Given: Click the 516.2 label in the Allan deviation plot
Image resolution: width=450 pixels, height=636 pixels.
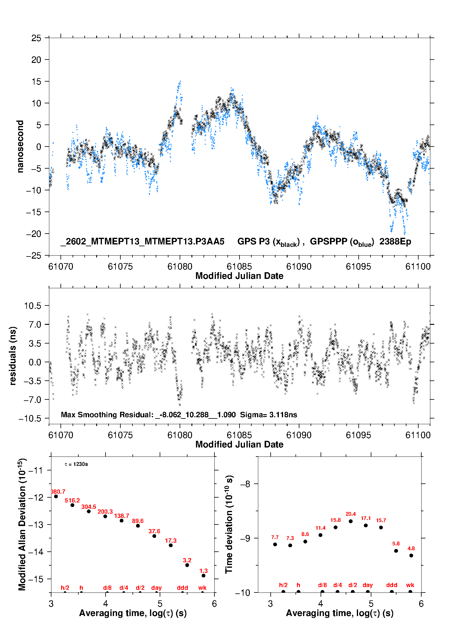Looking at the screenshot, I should (72, 500).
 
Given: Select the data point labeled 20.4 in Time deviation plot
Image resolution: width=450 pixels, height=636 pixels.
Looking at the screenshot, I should (351, 521).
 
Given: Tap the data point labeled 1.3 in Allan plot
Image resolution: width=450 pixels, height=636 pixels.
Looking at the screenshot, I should (204, 576).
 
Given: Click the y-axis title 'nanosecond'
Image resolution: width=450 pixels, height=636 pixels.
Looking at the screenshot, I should (20, 147).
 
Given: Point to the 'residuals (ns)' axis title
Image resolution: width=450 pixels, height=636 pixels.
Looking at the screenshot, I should (13, 356).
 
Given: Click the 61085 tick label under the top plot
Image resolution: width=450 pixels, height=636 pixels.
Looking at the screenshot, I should (239, 266).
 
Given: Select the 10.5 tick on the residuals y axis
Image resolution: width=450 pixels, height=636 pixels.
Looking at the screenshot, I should (33, 306).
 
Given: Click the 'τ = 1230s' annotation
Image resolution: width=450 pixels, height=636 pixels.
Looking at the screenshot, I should (76, 464).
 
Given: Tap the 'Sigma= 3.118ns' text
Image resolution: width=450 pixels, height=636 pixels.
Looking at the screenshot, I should (269, 415).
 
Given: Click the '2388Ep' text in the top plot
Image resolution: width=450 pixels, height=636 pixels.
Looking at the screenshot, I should (395, 242).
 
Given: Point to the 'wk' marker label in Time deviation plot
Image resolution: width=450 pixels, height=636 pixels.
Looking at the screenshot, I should (410, 585).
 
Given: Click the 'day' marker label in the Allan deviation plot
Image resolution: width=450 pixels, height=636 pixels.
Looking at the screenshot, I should (156, 588).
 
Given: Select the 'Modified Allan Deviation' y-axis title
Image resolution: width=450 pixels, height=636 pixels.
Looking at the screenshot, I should (22, 524).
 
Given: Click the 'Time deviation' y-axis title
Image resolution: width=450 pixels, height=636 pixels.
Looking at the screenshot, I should (229, 524).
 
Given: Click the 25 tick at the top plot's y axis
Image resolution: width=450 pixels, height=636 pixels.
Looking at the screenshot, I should (36, 38).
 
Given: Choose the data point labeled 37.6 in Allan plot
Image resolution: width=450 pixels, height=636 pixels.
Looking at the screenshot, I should (154, 536).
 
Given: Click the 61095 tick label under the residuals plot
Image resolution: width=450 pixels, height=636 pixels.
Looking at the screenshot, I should (358, 435).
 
